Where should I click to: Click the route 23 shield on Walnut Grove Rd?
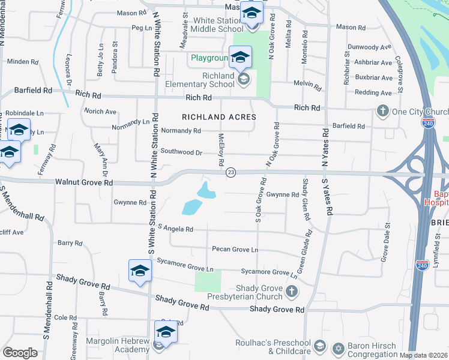(x=231, y=173)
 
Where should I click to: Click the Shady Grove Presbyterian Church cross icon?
(x=291, y=292)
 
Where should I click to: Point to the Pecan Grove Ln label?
(x=235, y=249)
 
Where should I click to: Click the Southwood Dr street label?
(x=181, y=152)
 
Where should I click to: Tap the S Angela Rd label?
(x=176, y=229)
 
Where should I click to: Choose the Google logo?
(x=20, y=353)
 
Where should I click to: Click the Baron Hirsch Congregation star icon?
(x=338, y=348)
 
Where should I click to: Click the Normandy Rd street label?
(x=181, y=130)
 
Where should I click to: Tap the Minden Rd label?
(x=23, y=61)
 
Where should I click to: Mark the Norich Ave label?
(x=100, y=112)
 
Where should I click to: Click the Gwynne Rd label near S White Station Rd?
(x=130, y=203)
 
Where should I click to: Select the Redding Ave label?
(x=373, y=92)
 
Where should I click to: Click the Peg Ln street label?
(x=142, y=28)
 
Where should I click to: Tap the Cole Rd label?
(x=61, y=317)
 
